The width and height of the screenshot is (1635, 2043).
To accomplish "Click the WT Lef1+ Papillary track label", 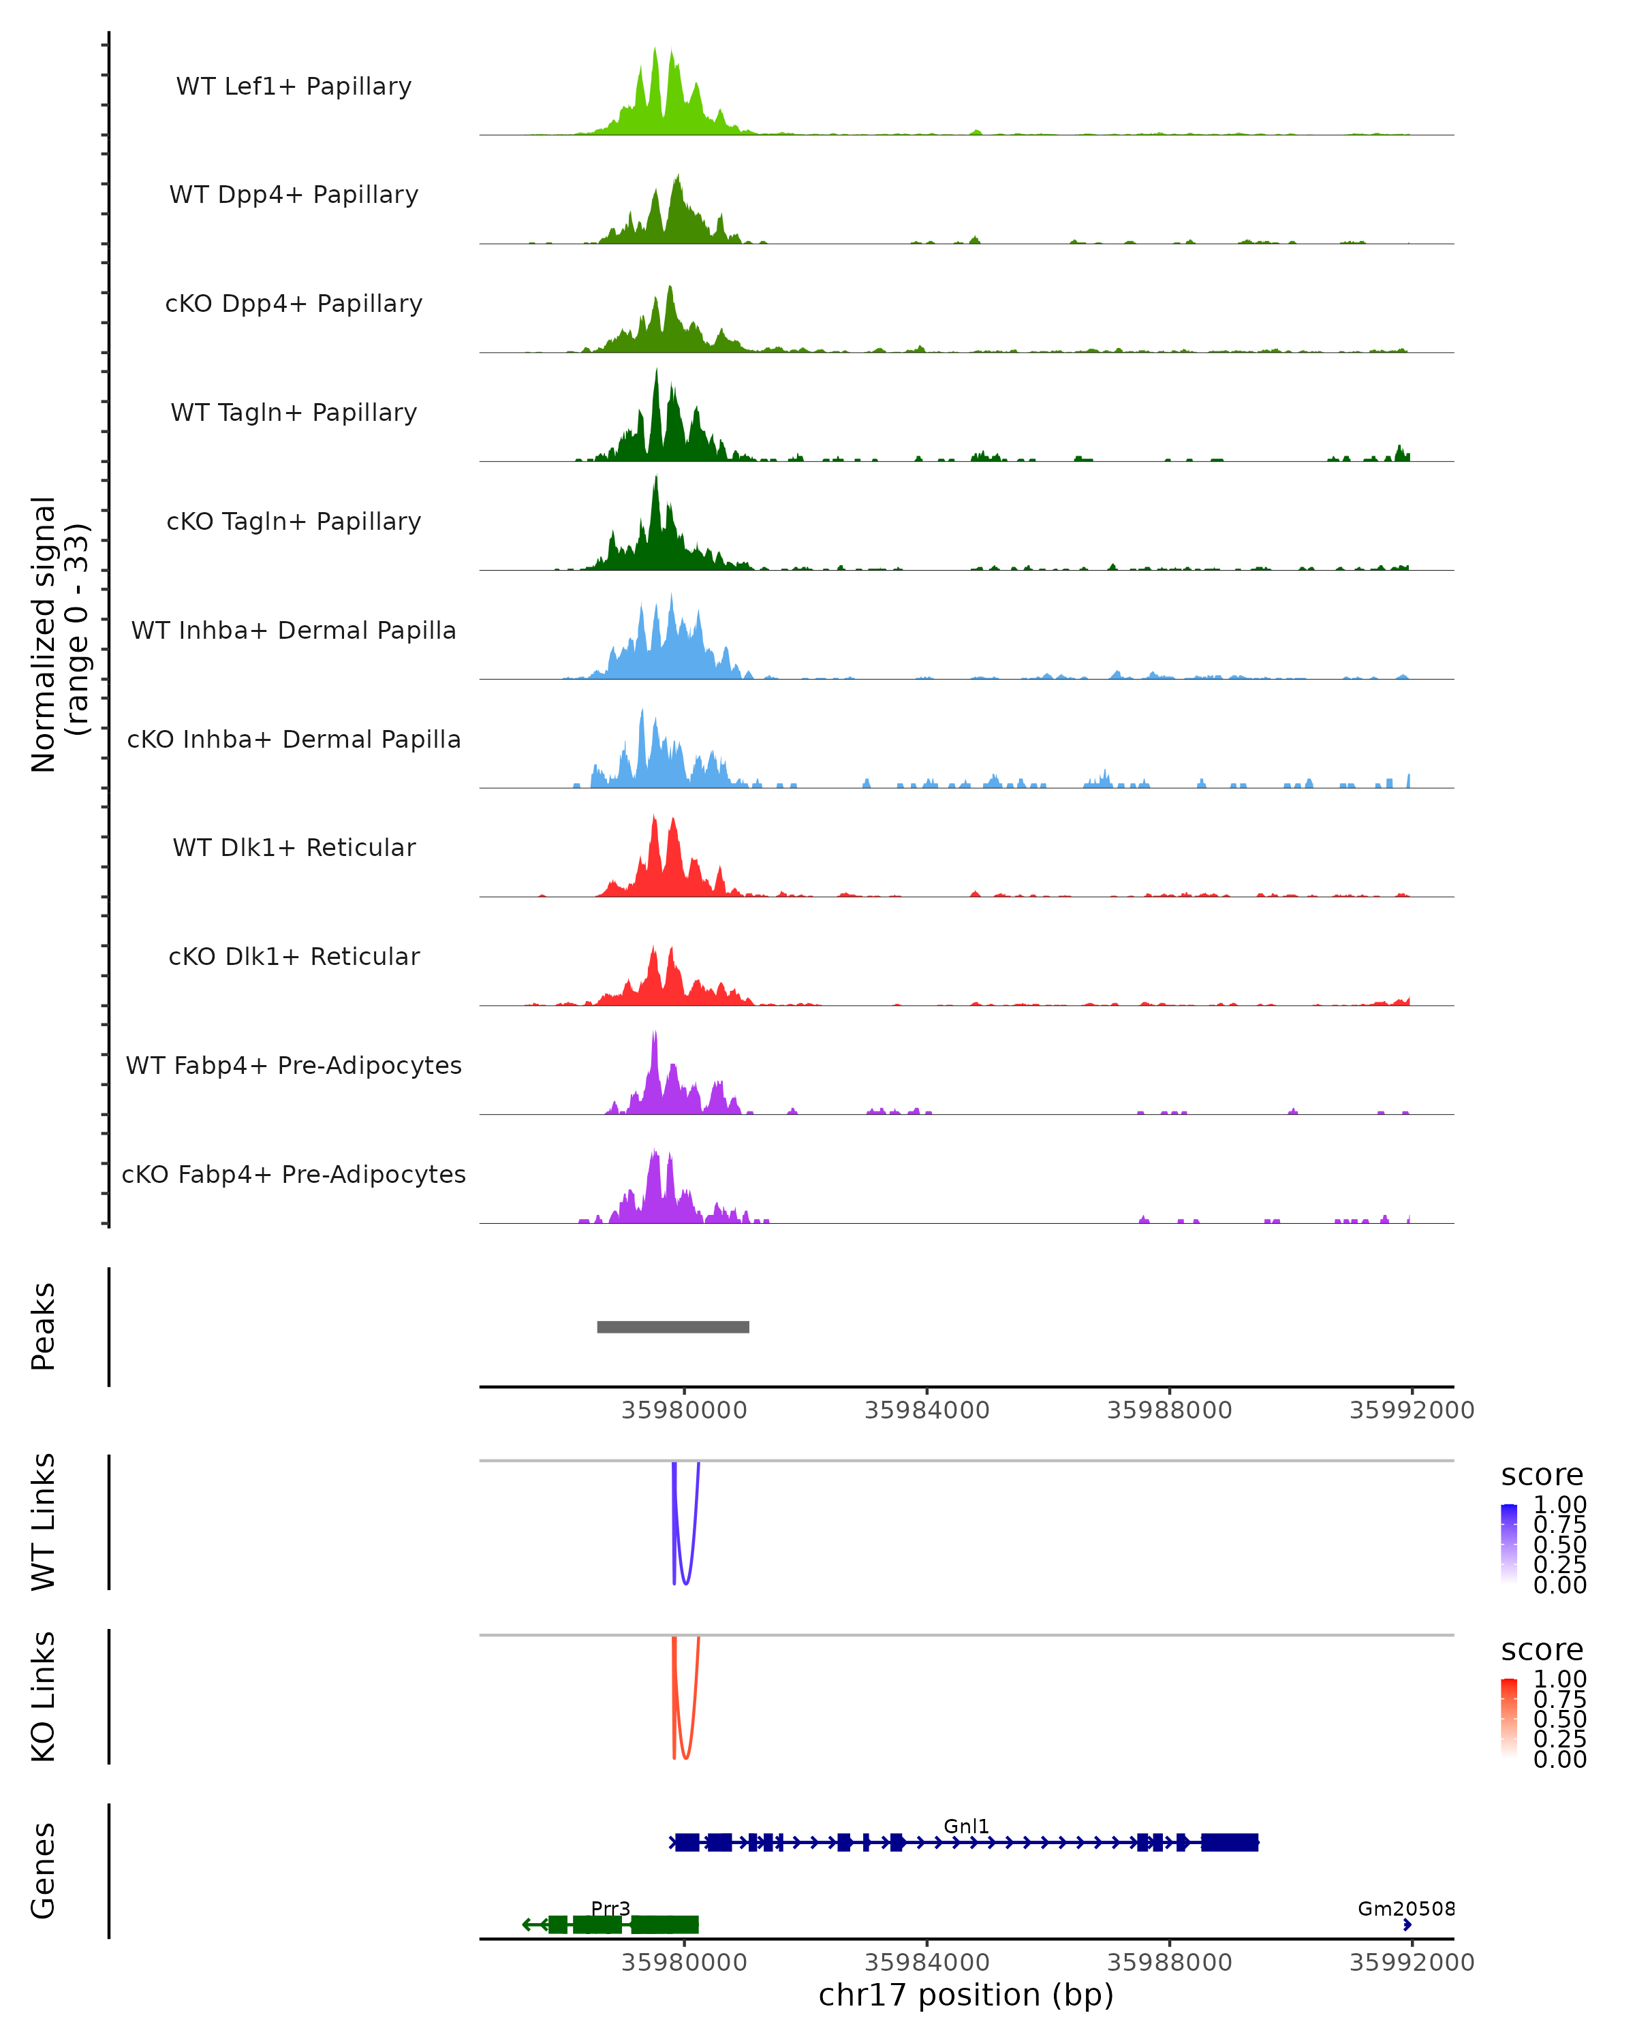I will [x=294, y=86].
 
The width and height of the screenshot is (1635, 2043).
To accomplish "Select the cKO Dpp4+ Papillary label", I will [x=294, y=303].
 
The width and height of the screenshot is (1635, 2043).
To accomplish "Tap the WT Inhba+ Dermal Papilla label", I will [x=294, y=630].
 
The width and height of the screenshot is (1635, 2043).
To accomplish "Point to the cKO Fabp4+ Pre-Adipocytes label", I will [x=294, y=1174].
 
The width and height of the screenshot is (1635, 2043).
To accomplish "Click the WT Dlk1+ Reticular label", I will [x=294, y=847].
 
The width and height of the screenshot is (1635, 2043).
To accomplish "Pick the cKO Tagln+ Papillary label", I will [x=294, y=521].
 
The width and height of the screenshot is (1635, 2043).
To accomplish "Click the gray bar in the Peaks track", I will [x=673, y=1327].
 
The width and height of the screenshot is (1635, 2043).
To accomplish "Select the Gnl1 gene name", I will [x=966, y=1826].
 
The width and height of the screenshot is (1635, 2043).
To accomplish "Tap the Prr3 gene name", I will [x=610, y=1908].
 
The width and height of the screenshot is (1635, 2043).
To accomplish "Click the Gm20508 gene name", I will [x=1405, y=1908].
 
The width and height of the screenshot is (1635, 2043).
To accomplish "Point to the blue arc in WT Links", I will [x=685, y=1581].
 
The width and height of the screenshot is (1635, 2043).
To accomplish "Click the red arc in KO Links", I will [x=685, y=1756].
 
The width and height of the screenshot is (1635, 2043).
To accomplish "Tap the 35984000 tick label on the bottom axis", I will [x=927, y=1961].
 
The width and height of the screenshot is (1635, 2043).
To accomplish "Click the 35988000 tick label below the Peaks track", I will [x=1170, y=1410].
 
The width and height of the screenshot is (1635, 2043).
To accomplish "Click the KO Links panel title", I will [x=44, y=1696].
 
